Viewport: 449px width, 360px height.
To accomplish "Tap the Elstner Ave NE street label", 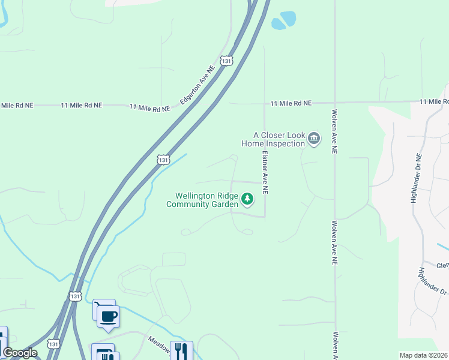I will (264, 172).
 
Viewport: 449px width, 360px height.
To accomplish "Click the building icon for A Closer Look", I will (313, 140).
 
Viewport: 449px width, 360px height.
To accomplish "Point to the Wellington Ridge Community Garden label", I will (203, 200).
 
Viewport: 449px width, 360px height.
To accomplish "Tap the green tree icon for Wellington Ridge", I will (247, 199).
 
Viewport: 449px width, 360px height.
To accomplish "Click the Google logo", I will (20, 353).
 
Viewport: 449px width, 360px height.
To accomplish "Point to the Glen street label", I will (442, 265).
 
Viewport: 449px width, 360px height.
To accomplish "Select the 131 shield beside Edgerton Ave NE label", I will (226, 61).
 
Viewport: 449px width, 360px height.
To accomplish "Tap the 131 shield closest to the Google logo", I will (54, 344).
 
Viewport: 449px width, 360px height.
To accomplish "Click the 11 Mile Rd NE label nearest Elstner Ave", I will (291, 103).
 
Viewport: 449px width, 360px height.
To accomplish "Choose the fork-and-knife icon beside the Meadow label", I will (181, 350).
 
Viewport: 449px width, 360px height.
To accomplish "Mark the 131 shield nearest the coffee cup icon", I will (75, 296).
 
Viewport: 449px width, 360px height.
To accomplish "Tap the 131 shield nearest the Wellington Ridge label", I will (164, 160).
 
